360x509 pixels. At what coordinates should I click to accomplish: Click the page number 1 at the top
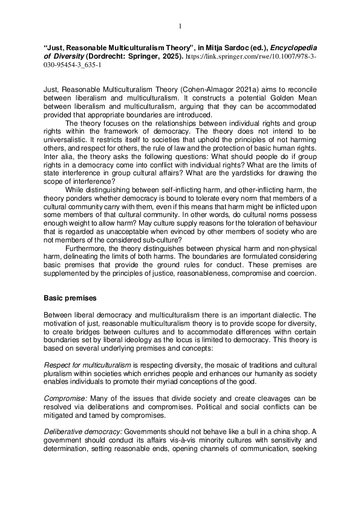[x=180, y=25]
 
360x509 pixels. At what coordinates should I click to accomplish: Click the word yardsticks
[x=249, y=196]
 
